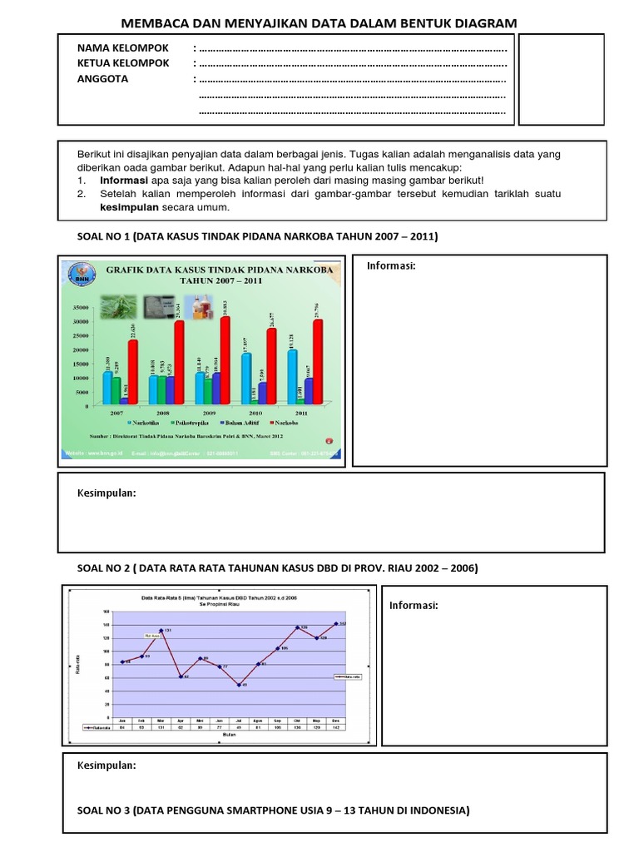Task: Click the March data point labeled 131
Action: point(161,631)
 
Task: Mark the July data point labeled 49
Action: point(239,685)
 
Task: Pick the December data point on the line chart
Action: point(336,623)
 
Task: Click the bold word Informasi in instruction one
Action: point(125,180)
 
